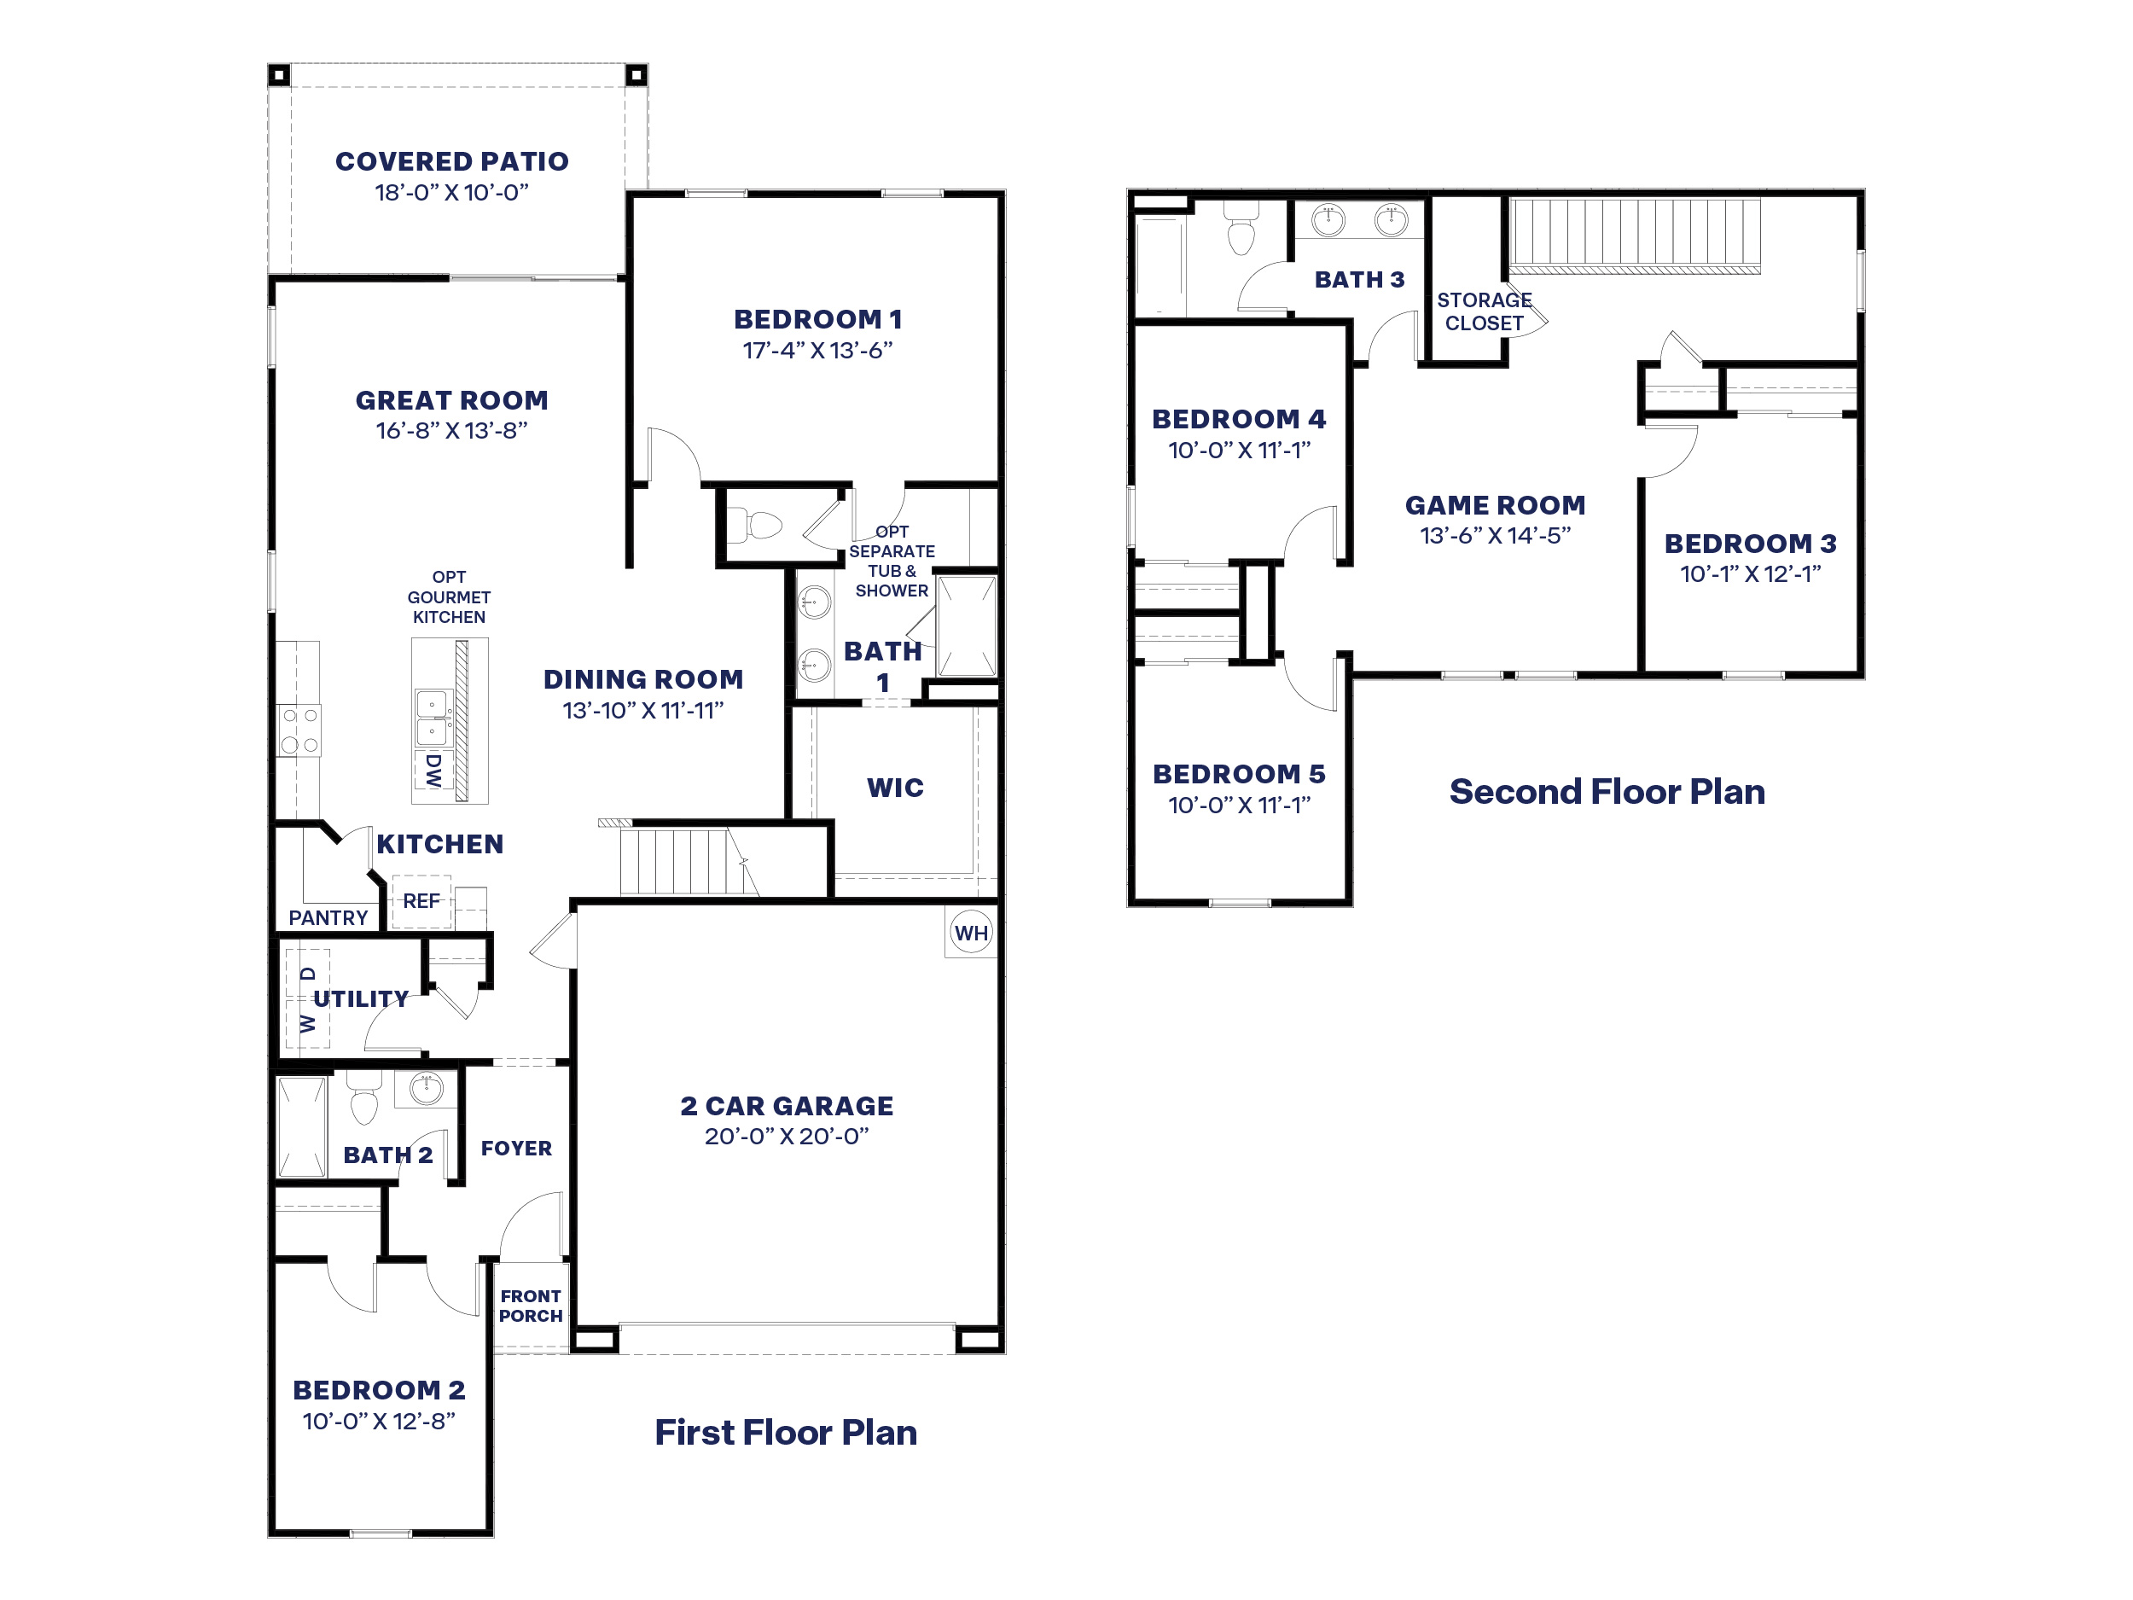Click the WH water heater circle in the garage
point(970,933)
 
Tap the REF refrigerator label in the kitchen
point(421,901)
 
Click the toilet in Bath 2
point(363,1105)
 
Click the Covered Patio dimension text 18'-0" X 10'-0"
point(451,192)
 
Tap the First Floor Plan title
point(785,1432)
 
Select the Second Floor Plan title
point(1607,792)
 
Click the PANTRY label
point(328,918)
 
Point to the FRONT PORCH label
point(531,1306)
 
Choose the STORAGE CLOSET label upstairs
point(1483,311)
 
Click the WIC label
point(895,788)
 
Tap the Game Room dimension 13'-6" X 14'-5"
point(1495,535)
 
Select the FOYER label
point(516,1148)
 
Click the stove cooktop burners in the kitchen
point(299,730)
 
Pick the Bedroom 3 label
point(1749,543)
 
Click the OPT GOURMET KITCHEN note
point(449,597)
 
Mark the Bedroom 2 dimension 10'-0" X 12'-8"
point(378,1421)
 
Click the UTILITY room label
point(361,998)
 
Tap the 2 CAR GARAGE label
point(786,1105)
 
